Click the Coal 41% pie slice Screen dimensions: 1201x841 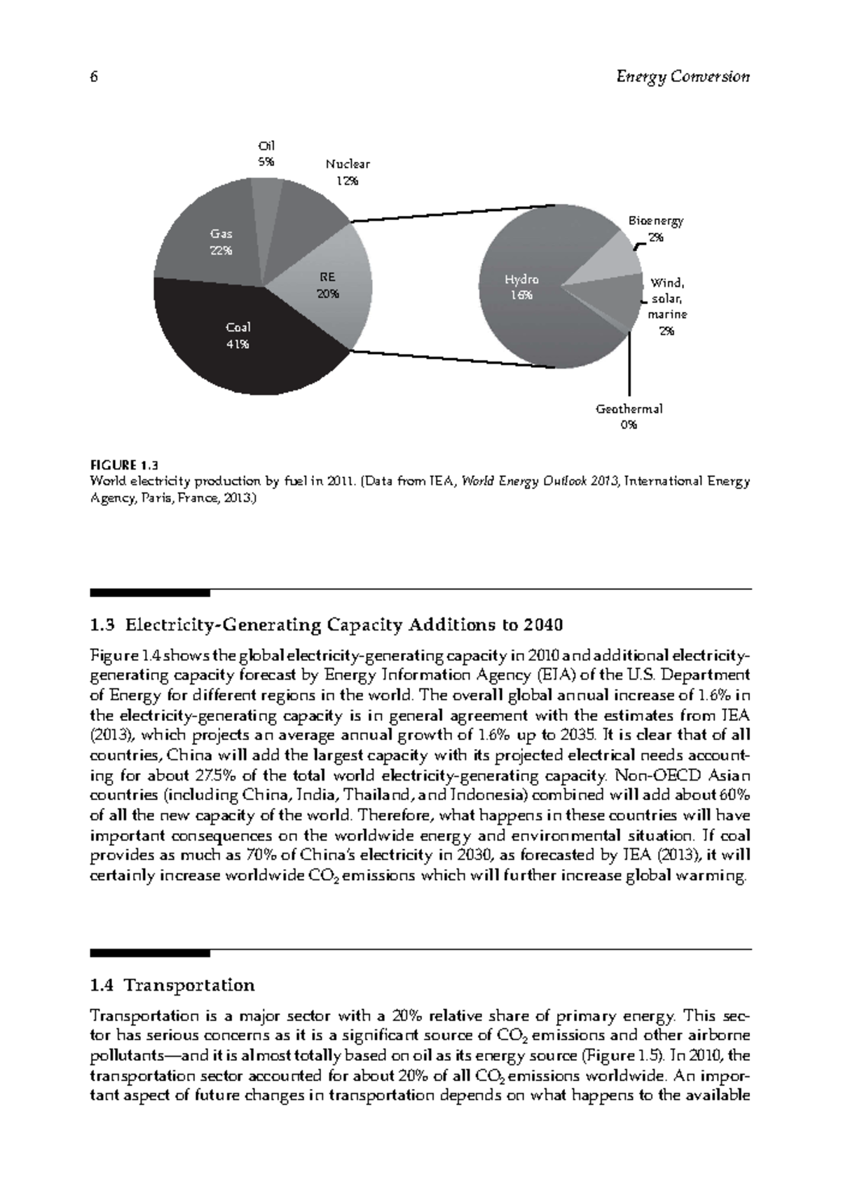point(238,336)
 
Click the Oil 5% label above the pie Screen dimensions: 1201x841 point(266,153)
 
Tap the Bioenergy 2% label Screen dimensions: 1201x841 point(655,228)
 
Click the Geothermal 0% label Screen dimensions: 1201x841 point(629,416)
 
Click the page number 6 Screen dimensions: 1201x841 point(94,77)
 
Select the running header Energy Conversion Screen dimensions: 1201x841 point(683,77)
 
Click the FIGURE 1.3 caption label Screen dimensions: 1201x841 point(124,465)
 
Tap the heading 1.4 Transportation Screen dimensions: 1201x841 point(172,985)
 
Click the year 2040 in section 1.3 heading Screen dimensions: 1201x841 point(544,624)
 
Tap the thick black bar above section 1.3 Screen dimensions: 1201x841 point(150,593)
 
